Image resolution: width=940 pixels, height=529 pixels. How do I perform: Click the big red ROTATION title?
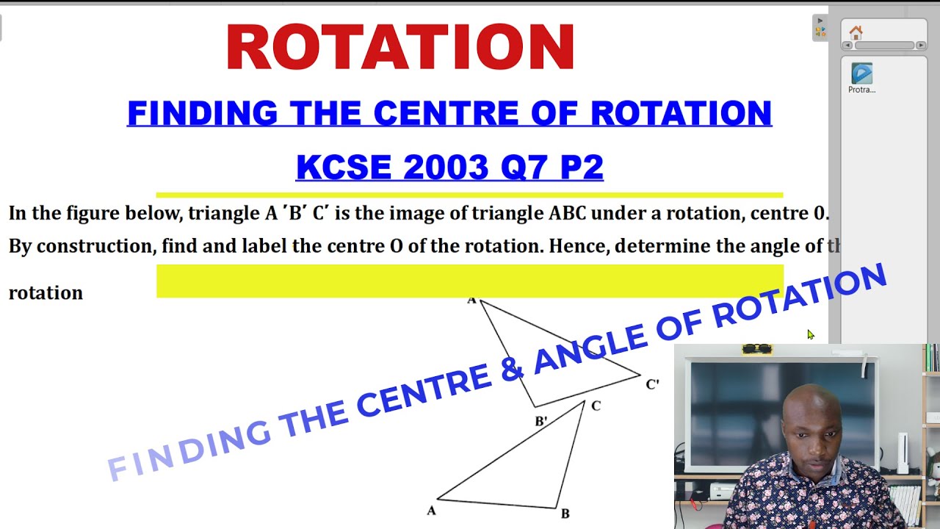click(400, 47)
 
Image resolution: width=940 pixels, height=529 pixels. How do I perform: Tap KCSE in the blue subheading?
click(344, 168)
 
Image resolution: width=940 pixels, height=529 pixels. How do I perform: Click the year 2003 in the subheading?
click(446, 168)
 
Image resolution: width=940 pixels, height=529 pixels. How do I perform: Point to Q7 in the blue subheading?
click(524, 168)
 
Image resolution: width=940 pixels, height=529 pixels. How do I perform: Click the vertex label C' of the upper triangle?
click(652, 384)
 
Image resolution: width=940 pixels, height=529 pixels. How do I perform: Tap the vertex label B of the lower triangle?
click(565, 514)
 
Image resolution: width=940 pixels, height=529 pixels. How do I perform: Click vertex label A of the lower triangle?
click(431, 510)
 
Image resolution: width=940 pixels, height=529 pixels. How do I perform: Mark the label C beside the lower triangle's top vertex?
click(596, 406)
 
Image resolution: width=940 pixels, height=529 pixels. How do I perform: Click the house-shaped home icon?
click(856, 32)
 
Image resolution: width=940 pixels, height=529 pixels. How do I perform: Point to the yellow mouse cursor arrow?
click(810, 334)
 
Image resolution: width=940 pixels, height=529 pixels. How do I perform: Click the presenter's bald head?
click(809, 404)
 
